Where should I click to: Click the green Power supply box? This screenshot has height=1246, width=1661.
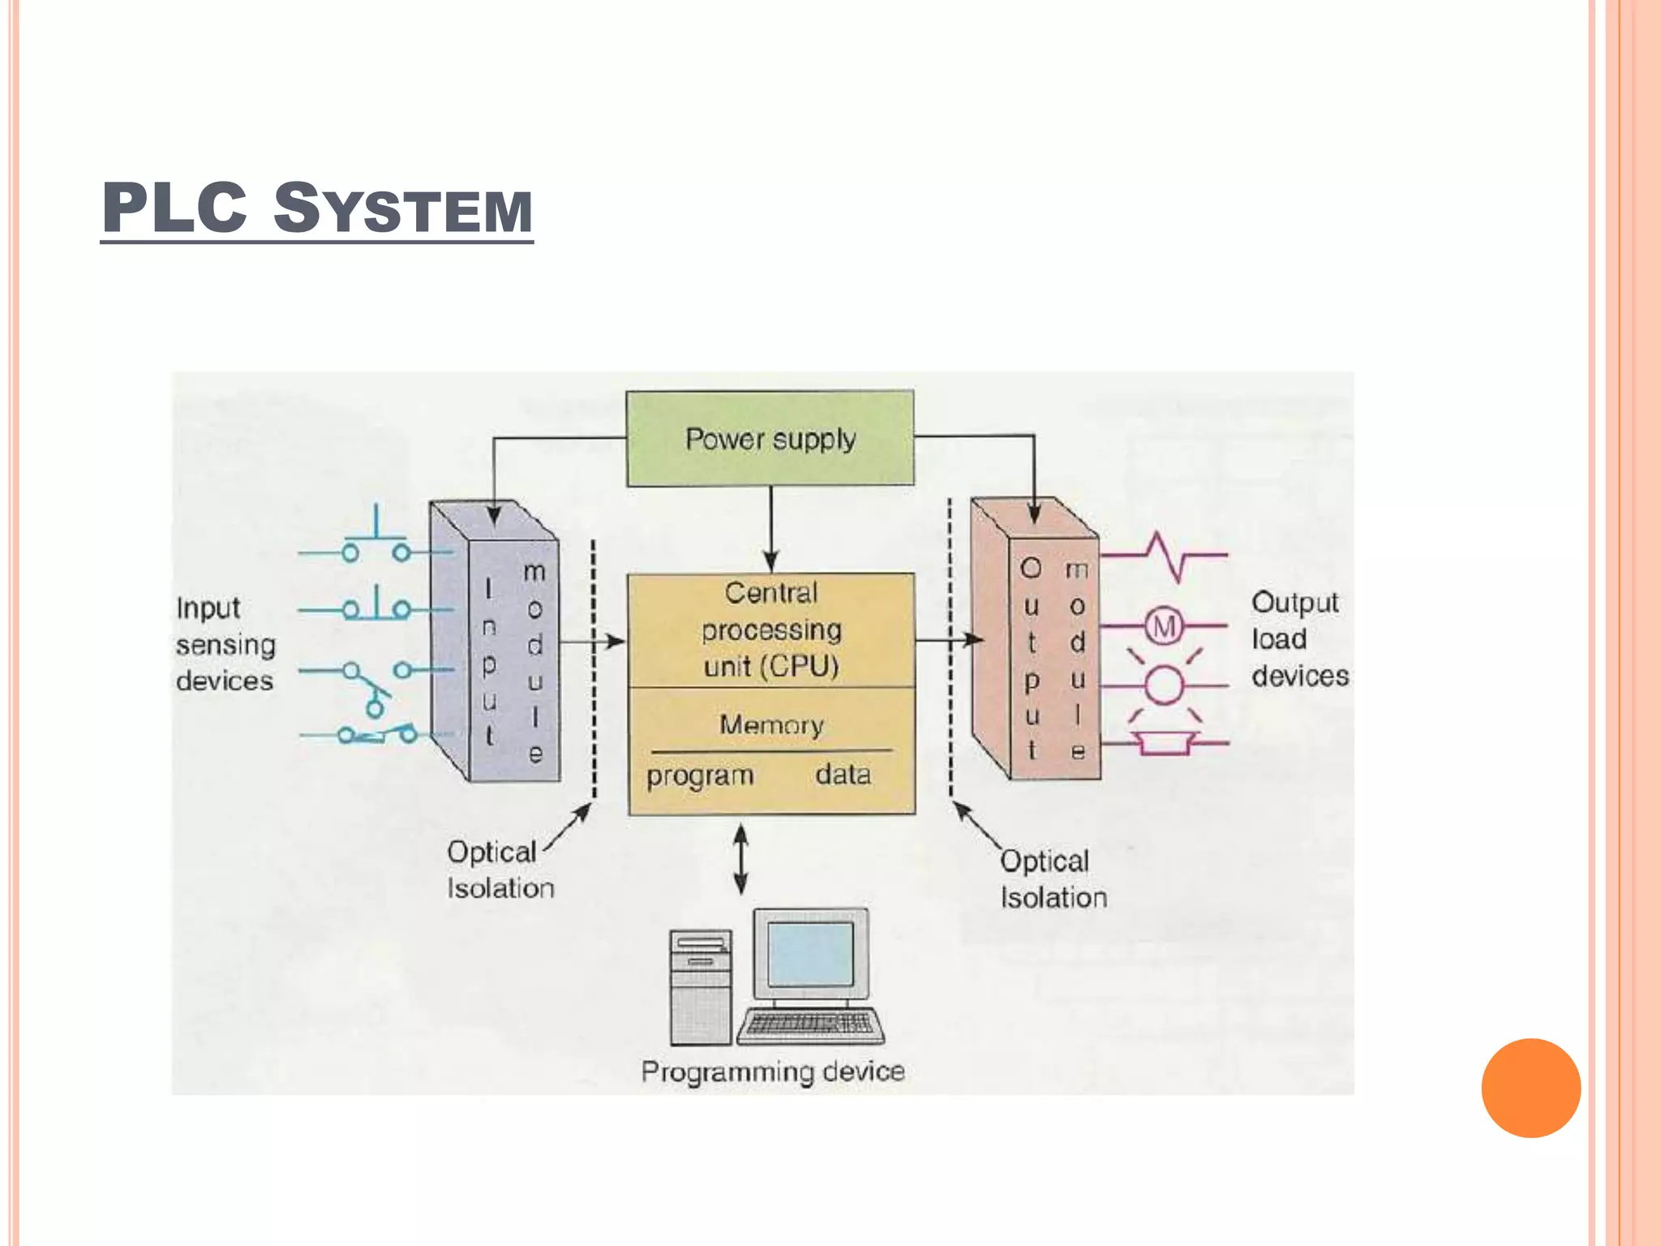(x=770, y=439)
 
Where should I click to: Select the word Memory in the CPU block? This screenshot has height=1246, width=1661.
(x=771, y=724)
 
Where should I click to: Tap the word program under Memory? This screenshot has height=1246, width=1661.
(x=700, y=776)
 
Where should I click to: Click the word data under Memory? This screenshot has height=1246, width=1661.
(x=843, y=775)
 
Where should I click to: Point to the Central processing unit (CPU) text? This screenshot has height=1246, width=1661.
(x=771, y=629)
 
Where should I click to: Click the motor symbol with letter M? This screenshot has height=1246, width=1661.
(x=1164, y=626)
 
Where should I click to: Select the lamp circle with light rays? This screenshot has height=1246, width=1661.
(x=1164, y=685)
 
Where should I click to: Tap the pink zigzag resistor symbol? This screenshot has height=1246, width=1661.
(x=1165, y=556)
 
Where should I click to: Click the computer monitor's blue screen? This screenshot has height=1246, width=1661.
(x=809, y=954)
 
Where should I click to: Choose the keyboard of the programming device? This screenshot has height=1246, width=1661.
(x=809, y=1025)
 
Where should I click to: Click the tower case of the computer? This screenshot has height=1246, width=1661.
(x=700, y=988)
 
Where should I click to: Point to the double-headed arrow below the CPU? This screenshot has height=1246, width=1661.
(x=740, y=860)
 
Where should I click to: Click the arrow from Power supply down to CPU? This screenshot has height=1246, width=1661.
(x=770, y=527)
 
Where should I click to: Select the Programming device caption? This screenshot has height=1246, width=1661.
(x=772, y=1072)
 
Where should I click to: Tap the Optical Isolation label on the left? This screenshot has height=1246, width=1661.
(x=500, y=870)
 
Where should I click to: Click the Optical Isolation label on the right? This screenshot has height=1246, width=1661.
(x=1052, y=879)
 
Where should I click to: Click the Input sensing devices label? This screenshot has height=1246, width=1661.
(x=225, y=644)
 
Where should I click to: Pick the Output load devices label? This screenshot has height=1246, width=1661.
(x=1298, y=639)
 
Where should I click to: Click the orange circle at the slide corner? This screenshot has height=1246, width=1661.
(x=1530, y=1088)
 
